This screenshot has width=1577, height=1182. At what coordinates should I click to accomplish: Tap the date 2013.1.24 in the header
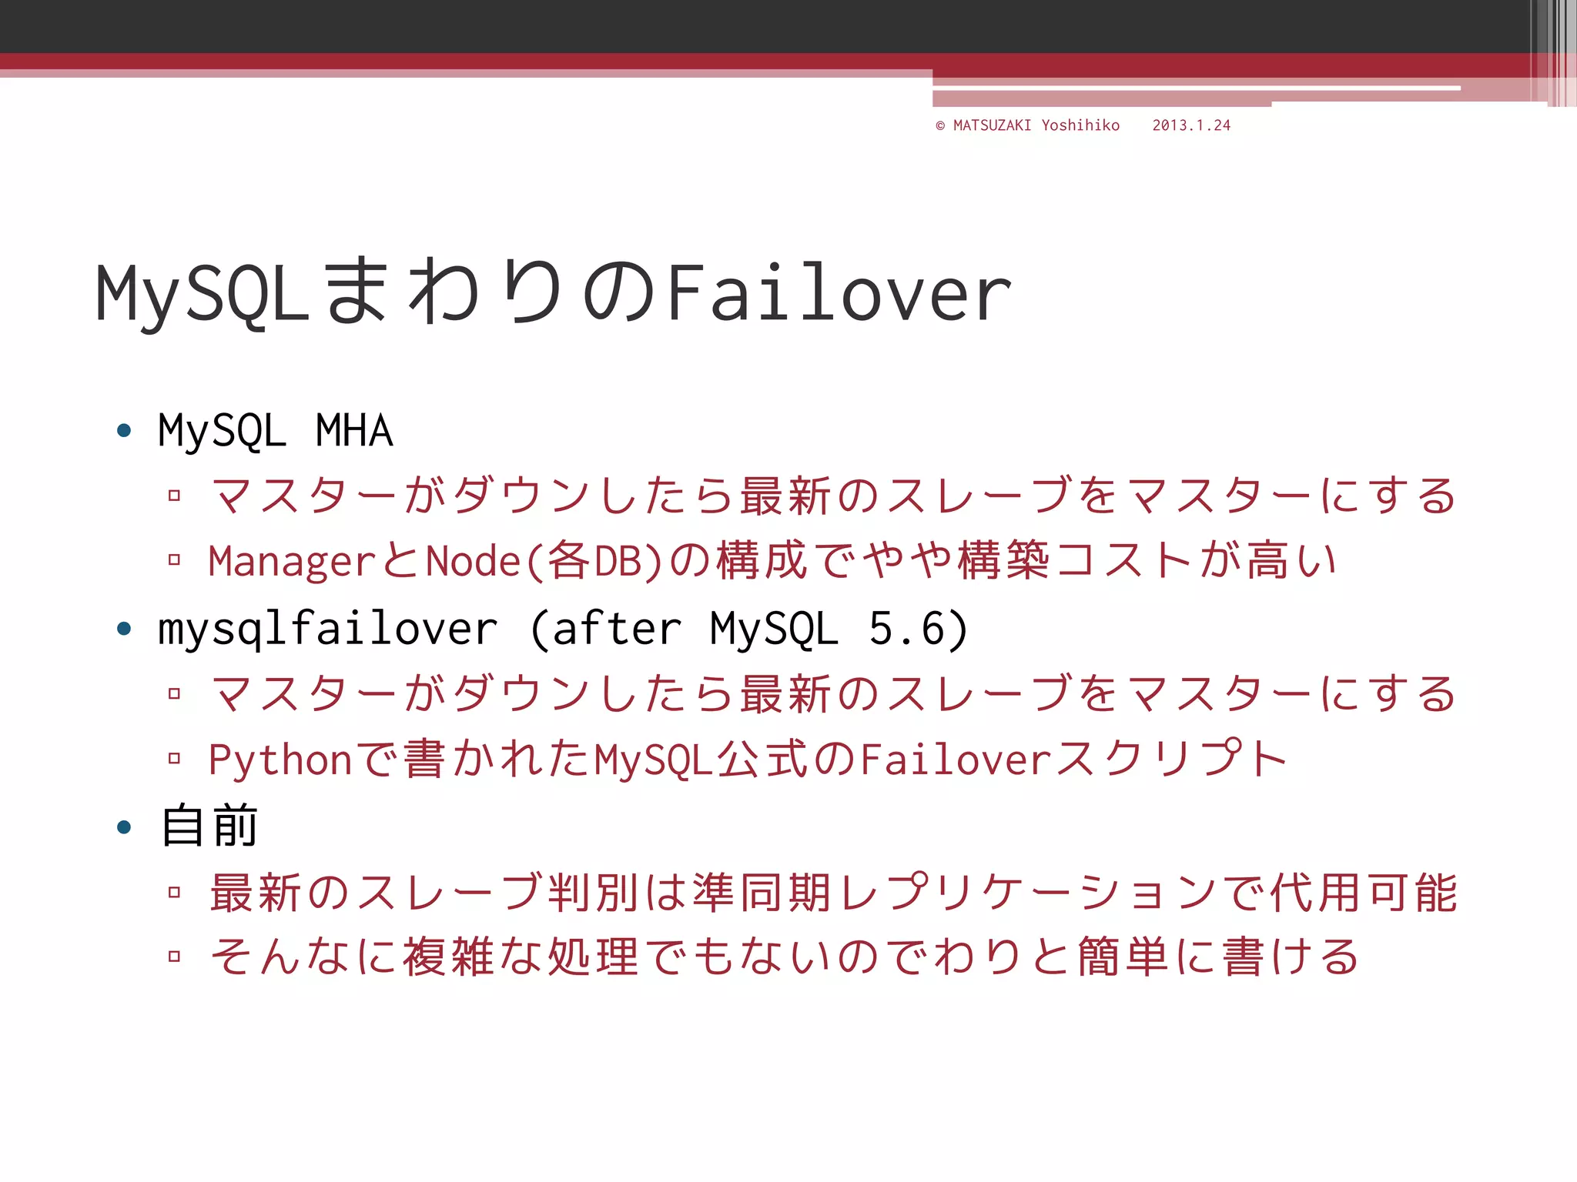(1191, 125)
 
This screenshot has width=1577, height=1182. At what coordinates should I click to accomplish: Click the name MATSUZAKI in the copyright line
(992, 125)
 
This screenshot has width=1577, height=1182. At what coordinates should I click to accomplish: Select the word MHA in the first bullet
(354, 431)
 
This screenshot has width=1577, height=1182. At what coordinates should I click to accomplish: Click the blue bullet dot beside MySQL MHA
(124, 430)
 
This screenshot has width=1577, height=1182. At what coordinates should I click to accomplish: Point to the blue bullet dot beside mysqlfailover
(124, 629)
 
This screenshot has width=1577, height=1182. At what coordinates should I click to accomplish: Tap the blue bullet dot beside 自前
(124, 828)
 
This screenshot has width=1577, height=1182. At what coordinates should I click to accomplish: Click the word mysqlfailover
(328, 629)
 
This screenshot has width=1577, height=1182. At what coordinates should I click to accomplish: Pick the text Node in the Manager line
(474, 561)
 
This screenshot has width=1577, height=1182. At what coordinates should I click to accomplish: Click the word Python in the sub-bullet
(280, 760)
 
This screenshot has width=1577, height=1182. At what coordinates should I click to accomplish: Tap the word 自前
(209, 826)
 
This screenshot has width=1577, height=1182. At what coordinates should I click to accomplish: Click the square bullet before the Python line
(175, 759)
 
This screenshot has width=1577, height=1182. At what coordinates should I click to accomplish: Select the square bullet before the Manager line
(175, 559)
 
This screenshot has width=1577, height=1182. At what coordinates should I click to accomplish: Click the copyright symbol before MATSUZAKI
(940, 126)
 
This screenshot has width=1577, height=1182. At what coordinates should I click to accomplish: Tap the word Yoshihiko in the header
(1080, 125)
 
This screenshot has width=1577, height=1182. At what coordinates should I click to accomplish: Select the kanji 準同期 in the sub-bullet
(762, 893)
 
